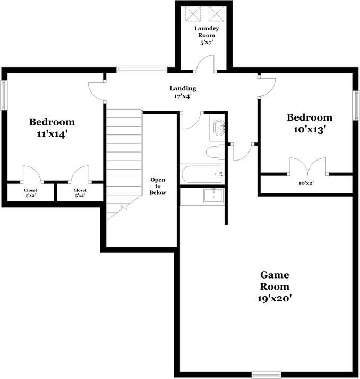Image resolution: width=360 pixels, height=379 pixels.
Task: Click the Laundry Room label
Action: pyautogui.click(x=206, y=31)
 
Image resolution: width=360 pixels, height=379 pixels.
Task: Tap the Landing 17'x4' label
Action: pyautogui.click(x=183, y=92)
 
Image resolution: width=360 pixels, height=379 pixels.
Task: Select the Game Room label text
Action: pyautogui.click(x=275, y=281)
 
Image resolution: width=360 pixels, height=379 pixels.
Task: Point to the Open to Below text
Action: pyautogui.click(x=158, y=186)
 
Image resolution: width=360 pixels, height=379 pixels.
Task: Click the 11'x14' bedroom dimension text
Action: pyautogui.click(x=52, y=134)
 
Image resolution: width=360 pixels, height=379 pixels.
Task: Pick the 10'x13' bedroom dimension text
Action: pyautogui.click(x=310, y=129)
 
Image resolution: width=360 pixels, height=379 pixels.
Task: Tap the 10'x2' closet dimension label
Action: pyautogui.click(x=306, y=182)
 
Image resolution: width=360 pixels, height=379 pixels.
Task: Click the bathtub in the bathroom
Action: pyautogui.click(x=201, y=174)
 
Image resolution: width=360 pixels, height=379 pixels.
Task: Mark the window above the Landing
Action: pyautogui.click(x=142, y=69)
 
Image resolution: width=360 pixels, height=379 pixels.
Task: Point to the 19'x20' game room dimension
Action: pyautogui.click(x=274, y=298)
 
